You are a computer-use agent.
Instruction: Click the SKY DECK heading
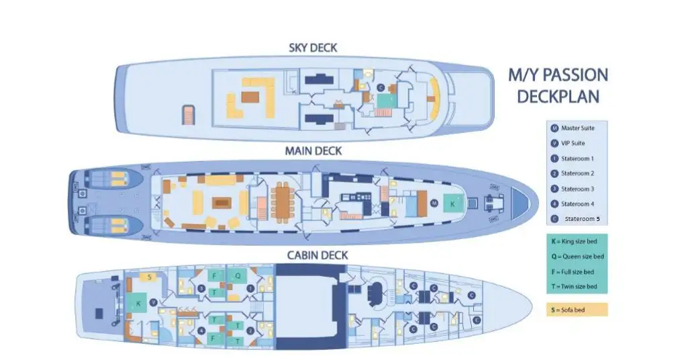313,48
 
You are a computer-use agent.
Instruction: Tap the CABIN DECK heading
317,255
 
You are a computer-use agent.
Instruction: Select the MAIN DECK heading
313,151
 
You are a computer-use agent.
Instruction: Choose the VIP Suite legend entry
574,143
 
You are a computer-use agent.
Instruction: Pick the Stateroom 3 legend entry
577,189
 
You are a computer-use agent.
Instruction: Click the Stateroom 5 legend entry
581,219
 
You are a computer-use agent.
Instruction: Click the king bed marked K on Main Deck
452,203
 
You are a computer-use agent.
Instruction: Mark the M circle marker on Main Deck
434,202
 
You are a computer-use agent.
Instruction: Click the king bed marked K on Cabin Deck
139,304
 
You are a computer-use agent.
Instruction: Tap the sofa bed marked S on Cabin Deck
149,277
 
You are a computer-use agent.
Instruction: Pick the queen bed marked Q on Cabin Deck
237,275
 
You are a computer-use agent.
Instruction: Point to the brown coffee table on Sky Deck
250,97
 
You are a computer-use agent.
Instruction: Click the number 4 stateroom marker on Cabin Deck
201,330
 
